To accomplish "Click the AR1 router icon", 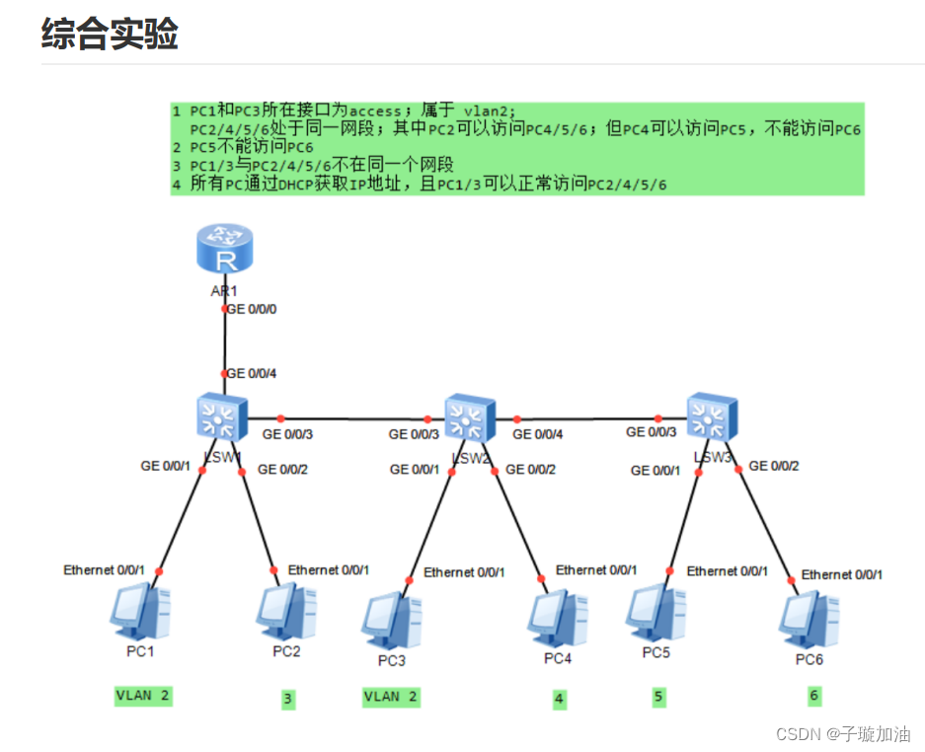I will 224,248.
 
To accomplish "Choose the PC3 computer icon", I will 391,620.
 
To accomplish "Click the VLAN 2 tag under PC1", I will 143,696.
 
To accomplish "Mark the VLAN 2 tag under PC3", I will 391,697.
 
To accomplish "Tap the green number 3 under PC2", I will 287,699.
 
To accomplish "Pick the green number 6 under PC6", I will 813,696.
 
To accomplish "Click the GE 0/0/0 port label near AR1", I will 253,309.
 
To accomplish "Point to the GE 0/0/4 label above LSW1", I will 253,374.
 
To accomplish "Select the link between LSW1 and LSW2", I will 355,418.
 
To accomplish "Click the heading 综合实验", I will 110,33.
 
